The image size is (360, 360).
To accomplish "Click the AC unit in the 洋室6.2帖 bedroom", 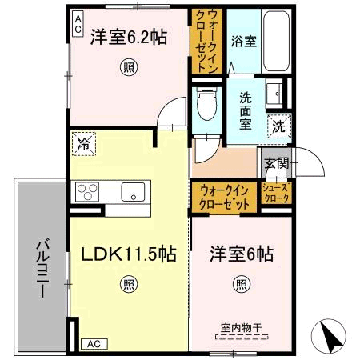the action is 78,24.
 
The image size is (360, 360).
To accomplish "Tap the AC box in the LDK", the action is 94,344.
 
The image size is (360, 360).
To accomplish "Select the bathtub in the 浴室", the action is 276,41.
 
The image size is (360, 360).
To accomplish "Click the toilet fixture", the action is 207,103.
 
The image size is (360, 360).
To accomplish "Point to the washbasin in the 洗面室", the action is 274,94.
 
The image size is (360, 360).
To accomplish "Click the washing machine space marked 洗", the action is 279,126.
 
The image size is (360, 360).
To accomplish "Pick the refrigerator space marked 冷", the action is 84,144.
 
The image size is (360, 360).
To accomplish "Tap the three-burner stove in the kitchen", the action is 87,191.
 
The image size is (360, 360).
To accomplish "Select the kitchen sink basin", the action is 133,192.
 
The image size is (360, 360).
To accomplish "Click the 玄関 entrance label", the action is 277,163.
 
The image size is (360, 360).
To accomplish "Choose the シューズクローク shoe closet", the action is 276,193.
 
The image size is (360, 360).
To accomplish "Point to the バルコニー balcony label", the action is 42,268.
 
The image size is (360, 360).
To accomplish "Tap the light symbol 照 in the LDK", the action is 129,285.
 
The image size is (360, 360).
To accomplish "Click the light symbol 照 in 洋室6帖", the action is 242,284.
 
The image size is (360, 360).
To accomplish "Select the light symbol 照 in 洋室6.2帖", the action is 129,67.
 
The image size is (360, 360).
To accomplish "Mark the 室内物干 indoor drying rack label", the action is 242,328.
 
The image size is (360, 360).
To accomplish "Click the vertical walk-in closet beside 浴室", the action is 207,41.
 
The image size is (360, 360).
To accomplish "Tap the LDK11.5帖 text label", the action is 129,254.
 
